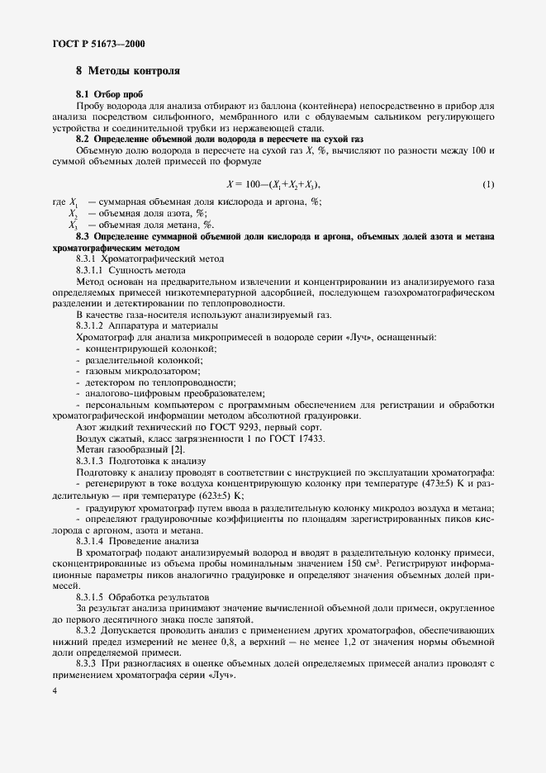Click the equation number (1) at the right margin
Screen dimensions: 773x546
pos(488,183)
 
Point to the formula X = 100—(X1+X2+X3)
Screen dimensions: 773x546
pos(273,183)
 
